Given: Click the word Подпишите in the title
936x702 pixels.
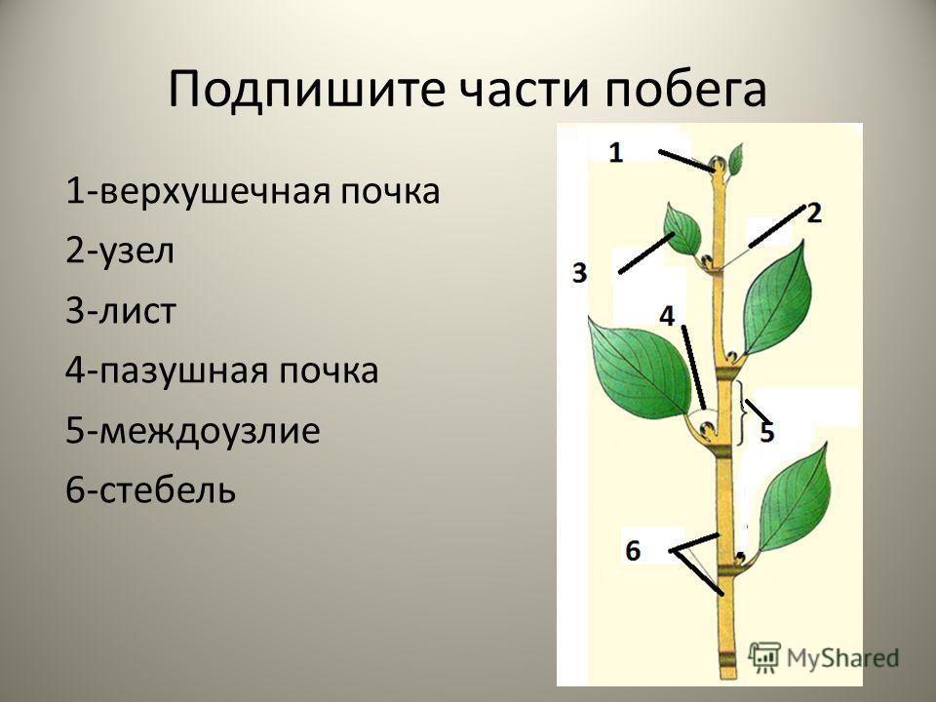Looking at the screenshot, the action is click(x=307, y=91).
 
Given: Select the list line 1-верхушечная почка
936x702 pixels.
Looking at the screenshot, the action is click(x=253, y=192).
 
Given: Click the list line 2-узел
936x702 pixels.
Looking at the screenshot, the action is click(x=120, y=252).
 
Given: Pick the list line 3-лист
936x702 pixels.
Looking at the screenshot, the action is click(x=121, y=310).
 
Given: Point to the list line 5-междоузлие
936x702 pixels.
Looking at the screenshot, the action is click(x=192, y=431).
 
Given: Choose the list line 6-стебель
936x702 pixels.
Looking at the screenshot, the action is click(x=150, y=489).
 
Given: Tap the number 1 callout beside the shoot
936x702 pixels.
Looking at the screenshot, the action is click(x=616, y=153).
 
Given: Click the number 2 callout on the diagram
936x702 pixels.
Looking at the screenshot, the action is click(x=814, y=214).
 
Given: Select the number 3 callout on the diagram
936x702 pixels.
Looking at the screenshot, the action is click(x=579, y=273).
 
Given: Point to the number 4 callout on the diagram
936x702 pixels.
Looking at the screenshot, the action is click(x=667, y=316).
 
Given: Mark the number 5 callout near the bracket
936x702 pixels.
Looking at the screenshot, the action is click(x=767, y=432).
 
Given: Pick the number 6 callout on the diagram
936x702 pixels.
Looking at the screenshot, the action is click(x=633, y=550).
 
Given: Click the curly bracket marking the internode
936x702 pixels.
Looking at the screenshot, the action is click(x=741, y=413).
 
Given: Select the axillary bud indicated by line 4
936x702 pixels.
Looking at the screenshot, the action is click(x=708, y=429).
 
